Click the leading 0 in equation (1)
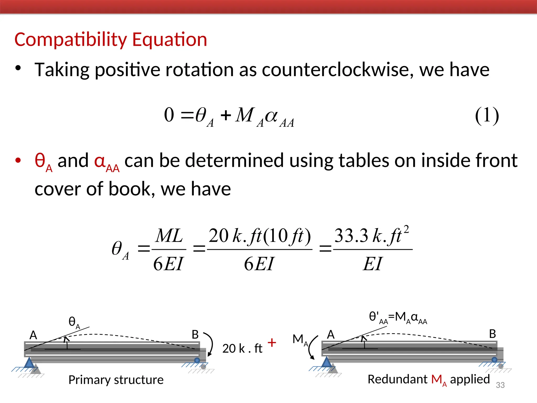pyautogui.click(x=169, y=115)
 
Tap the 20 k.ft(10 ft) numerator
pyautogui.click(x=260, y=236)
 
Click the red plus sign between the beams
pyautogui.click(x=272, y=342)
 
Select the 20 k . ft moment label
pyautogui.click(x=242, y=349)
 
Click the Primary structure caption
pyautogui.click(x=116, y=380)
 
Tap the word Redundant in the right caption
pyautogui.click(x=397, y=379)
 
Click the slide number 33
pyautogui.click(x=500, y=385)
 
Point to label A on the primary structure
pyautogui.click(x=33, y=335)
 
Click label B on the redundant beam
pyautogui.click(x=492, y=334)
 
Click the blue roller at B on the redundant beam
pyautogui.click(x=494, y=360)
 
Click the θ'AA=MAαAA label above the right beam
pyautogui.click(x=398, y=317)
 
